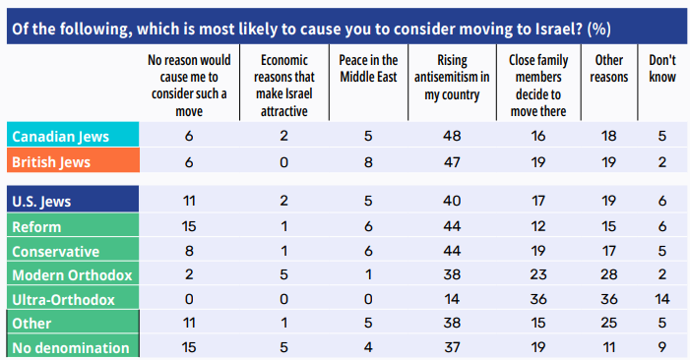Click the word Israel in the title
[561, 29]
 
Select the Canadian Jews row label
[60, 137]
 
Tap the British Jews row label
[51, 162]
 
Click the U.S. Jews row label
[41, 202]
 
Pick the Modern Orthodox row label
[72, 275]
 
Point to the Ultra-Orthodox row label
[63, 300]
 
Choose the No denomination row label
[71, 347]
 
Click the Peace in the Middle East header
[368, 68]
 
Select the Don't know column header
[662, 68]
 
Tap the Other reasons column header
[609, 68]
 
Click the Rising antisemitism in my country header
[452, 77]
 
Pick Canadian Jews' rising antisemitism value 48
[452, 136]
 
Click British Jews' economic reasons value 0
[283, 162]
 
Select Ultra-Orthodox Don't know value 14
[662, 299]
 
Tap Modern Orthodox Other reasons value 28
[609, 274]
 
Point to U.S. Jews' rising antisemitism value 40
[452, 201]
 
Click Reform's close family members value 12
[538, 226]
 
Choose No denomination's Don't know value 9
[662, 347]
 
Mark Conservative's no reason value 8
[189, 251]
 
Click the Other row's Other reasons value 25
[609, 323]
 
